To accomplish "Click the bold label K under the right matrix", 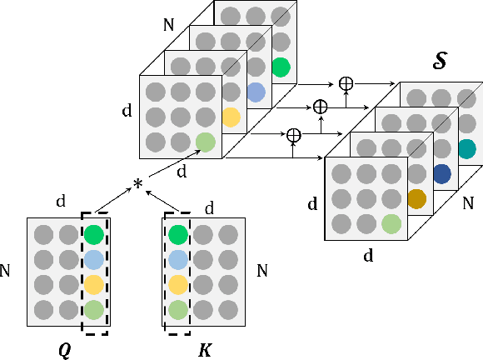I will click(x=204, y=348).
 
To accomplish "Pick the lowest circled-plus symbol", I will click(x=293, y=133).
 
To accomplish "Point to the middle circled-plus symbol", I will click(x=319, y=107).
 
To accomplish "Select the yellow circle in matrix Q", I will click(x=94, y=284).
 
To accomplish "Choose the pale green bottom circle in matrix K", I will click(x=177, y=309).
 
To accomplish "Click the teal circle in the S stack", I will click(x=466, y=149).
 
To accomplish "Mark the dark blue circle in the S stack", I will click(x=441, y=174).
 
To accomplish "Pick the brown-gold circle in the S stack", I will click(x=416, y=199).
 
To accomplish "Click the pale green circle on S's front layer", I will click(x=391, y=223).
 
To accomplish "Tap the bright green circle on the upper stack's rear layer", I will click(x=281, y=67).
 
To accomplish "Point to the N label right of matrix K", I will click(x=263, y=271).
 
